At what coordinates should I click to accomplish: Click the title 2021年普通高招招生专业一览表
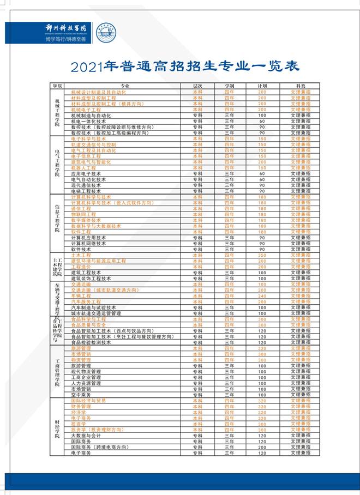[x=185, y=67]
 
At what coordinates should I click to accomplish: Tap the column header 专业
[x=125, y=86]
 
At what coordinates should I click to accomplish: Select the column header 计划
[x=262, y=86]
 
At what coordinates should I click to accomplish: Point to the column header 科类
[x=301, y=86]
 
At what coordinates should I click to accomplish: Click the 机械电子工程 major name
[x=86, y=110]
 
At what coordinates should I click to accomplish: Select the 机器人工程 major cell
[x=83, y=168]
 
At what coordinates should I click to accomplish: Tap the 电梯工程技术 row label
[x=86, y=191]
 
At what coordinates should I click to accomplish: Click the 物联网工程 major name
[x=83, y=214]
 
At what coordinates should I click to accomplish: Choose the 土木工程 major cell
[x=81, y=255]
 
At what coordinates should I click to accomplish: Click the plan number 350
[x=262, y=255]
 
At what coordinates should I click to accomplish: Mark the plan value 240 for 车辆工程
[x=262, y=296]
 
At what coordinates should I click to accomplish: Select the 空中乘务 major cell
[x=81, y=395]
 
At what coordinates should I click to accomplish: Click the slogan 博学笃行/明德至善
[x=65, y=39]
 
